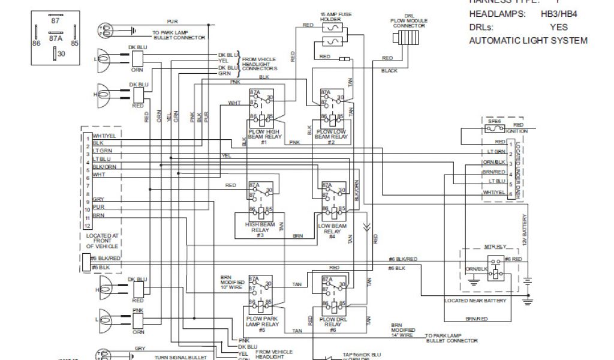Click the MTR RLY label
[x=492, y=247]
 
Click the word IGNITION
[x=516, y=131]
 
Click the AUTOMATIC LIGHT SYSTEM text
[x=528, y=41]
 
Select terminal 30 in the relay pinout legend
[x=61, y=54]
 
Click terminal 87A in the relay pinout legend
[x=55, y=37]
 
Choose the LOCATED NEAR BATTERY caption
[x=475, y=300]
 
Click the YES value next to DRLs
[x=558, y=28]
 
